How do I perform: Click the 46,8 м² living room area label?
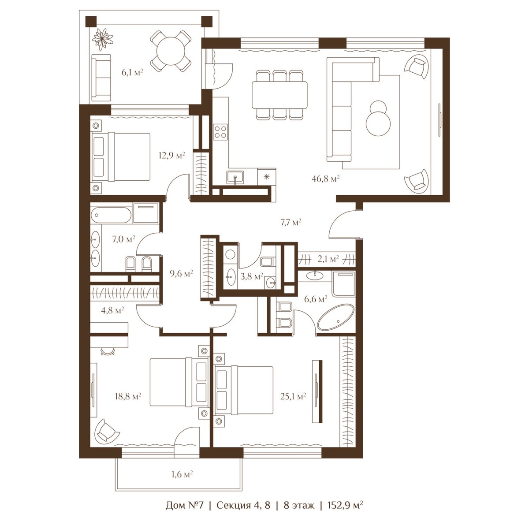coord(326,179)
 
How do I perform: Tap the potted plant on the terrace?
coord(102,39)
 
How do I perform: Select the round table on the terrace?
coord(171,51)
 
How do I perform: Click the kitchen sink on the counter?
coord(235,177)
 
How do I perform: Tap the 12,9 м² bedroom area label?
coord(171,156)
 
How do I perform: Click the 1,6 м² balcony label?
coord(182,474)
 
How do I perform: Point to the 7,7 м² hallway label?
coord(291,222)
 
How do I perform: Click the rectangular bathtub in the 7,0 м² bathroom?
coord(111,216)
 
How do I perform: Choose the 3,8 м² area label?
coord(252,276)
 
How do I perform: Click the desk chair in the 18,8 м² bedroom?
coord(108,351)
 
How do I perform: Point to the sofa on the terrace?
coord(101,78)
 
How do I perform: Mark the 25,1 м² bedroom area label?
coord(293,396)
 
